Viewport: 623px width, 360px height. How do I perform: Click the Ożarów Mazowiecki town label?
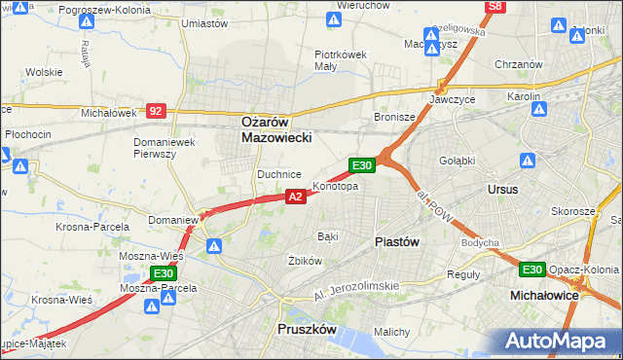(276, 130)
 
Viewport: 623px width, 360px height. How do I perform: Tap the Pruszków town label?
(307, 330)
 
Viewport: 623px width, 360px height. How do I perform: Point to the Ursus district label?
(502, 189)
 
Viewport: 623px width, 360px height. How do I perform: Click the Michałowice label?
(545, 293)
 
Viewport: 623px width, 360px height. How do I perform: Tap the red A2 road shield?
(297, 197)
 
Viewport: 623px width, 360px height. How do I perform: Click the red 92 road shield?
(156, 112)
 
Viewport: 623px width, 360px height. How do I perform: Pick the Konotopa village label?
(335, 186)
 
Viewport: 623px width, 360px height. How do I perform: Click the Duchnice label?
(278, 174)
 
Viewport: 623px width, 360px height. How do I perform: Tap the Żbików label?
(305, 261)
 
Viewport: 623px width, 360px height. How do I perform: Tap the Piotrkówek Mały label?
(340, 60)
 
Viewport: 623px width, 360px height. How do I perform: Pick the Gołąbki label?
(456, 161)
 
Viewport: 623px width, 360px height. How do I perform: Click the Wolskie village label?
(44, 72)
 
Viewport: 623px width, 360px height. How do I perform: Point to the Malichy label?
(391, 333)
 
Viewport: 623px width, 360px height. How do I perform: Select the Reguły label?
(462, 274)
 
